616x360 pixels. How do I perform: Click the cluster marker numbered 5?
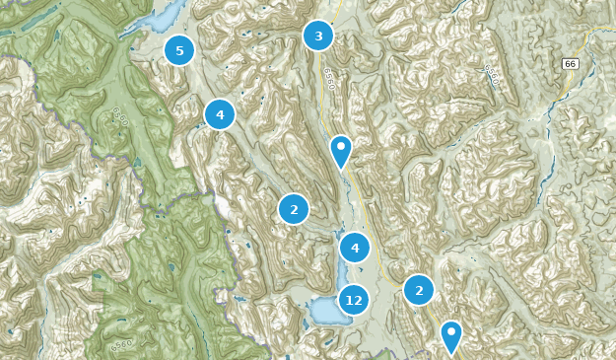coord(178,49)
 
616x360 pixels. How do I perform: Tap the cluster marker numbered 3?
coord(317,36)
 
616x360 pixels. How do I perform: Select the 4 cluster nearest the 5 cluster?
coord(219,114)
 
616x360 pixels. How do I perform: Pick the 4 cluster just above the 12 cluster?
coord(354,248)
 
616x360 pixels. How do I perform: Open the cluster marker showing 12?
coord(354,300)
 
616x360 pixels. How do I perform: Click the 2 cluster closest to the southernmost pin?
coord(419,290)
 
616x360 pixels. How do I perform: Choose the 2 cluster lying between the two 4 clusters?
coord(293,209)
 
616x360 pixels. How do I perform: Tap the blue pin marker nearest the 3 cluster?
coord(341,151)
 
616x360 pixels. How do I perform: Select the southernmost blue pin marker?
coord(451,335)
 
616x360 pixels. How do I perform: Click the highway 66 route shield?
coord(571,64)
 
